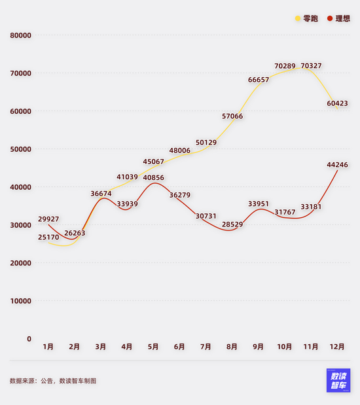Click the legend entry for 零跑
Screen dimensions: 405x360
pyautogui.click(x=306, y=19)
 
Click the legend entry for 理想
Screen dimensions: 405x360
pyautogui.click(x=338, y=19)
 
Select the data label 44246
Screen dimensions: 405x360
pyautogui.click(x=337, y=166)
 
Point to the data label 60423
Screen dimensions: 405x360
pyautogui.click(x=337, y=103)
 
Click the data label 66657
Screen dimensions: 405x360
pyautogui.click(x=259, y=80)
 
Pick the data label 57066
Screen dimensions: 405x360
pyautogui.click(x=232, y=116)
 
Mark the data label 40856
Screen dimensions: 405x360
pyautogui.click(x=154, y=178)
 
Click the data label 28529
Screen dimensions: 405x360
pyautogui.click(x=232, y=224)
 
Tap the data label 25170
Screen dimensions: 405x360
pyautogui.click(x=48, y=237)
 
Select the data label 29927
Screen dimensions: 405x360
pyautogui.click(x=48, y=219)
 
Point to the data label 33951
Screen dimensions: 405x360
pyautogui.click(x=259, y=204)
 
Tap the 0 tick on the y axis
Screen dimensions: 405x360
pyautogui.click(x=29, y=339)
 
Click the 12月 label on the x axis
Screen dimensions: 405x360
pyautogui.click(x=336, y=346)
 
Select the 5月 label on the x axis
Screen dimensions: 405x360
pyautogui.click(x=153, y=346)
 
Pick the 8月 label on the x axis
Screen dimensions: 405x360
pyautogui.click(x=232, y=346)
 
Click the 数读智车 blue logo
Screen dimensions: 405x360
pyautogui.click(x=338, y=380)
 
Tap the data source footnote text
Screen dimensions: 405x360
pyautogui.click(x=52, y=380)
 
